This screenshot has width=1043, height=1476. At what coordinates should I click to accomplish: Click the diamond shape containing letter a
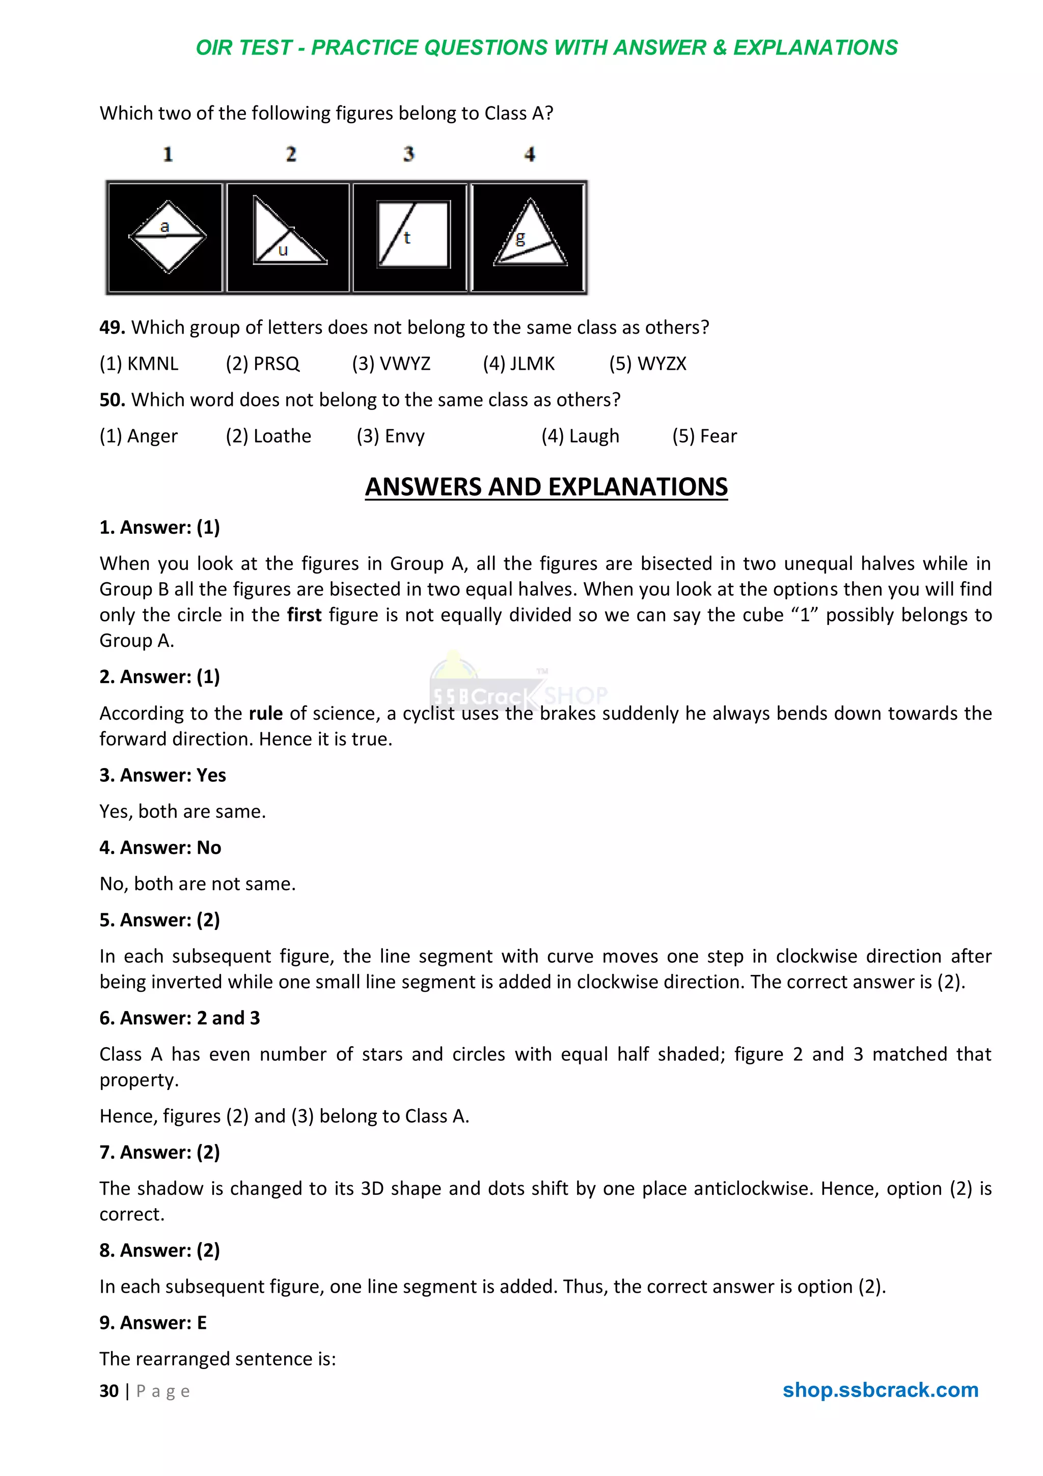[x=167, y=236]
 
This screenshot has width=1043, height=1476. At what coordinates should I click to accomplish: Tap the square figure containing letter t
[x=413, y=235]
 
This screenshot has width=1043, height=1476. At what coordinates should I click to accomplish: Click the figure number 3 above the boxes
[x=409, y=154]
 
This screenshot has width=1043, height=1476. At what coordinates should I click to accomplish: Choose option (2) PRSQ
[x=262, y=364]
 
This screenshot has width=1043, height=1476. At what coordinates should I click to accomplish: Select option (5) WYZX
[x=648, y=364]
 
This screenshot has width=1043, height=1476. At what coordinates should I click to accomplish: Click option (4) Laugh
[x=580, y=436]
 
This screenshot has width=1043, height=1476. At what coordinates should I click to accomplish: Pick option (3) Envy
[x=391, y=436]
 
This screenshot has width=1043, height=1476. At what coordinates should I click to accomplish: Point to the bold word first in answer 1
[x=304, y=615]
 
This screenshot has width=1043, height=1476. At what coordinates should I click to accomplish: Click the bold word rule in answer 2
[x=265, y=714]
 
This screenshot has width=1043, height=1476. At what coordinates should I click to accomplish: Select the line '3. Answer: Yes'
[x=162, y=775]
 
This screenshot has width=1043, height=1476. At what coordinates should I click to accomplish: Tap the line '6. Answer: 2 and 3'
[x=179, y=1018]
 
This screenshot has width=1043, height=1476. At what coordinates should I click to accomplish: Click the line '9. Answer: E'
[x=153, y=1323]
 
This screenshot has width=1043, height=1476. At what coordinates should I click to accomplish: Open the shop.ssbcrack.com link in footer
[x=880, y=1390]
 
